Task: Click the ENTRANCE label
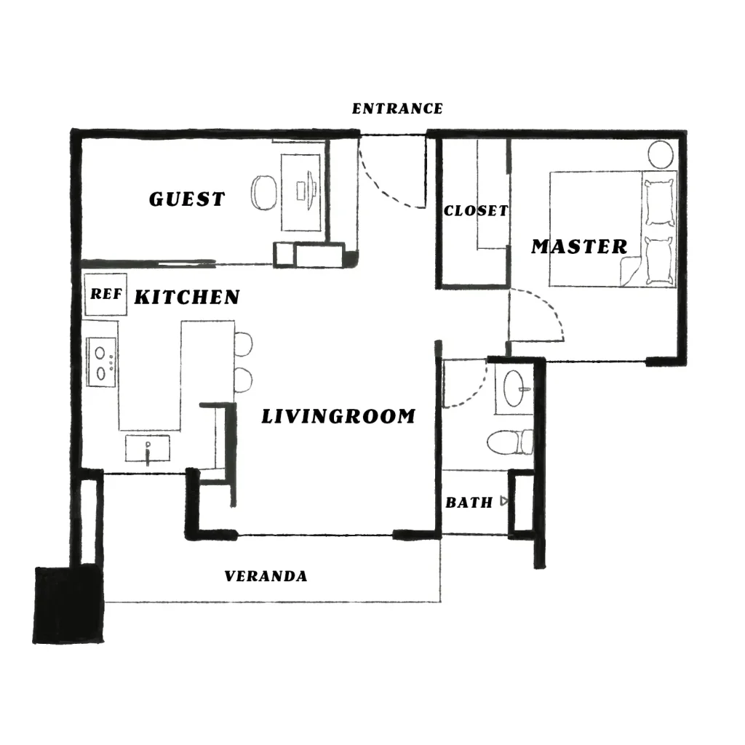tap(397, 109)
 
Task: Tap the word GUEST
tap(187, 199)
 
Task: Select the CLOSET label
tap(476, 210)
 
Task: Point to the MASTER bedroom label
tap(579, 247)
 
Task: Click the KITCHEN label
tap(187, 298)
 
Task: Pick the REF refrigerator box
tap(105, 294)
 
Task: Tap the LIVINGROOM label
tap(339, 416)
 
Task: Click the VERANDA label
tap(266, 576)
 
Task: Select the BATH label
tap(469, 503)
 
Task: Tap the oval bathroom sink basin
tap(514, 389)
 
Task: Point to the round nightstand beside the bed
tap(661, 154)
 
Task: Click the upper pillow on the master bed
tap(659, 203)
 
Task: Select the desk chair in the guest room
tap(263, 192)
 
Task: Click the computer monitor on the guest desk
tap(311, 191)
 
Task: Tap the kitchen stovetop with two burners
tap(101, 362)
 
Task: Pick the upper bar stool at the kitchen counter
tap(243, 344)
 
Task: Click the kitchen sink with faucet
tap(147, 448)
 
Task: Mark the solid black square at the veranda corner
tap(68, 605)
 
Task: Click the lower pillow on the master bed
tap(659, 261)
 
